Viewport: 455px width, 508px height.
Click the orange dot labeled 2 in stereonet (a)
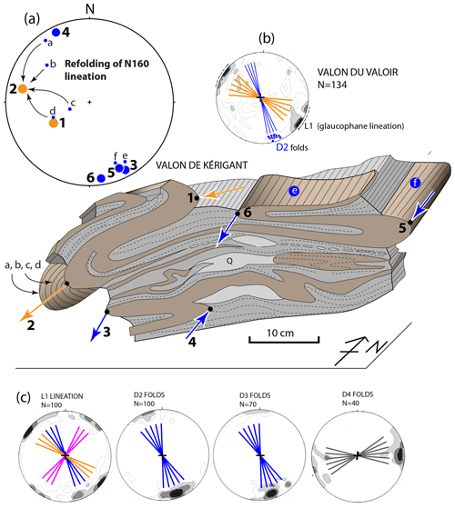click(x=23, y=89)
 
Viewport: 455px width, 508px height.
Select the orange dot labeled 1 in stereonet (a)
click(x=54, y=123)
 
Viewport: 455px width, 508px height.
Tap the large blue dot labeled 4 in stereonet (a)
click(x=56, y=33)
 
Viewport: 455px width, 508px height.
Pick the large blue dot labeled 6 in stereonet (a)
click(x=101, y=178)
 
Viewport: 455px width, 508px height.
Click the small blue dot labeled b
click(x=46, y=65)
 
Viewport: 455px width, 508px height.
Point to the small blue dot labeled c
click(x=70, y=109)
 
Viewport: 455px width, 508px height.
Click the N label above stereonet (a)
click(x=90, y=9)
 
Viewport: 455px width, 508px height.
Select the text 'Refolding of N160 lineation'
click(x=106, y=70)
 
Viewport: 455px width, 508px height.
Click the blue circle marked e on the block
click(x=294, y=191)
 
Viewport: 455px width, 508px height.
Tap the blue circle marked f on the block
click(x=415, y=183)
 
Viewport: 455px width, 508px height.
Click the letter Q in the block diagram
click(x=229, y=261)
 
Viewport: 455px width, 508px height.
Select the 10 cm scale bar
click(x=284, y=340)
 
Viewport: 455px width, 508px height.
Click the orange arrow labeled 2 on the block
click(x=44, y=303)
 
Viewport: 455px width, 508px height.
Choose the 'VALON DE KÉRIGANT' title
click(x=201, y=165)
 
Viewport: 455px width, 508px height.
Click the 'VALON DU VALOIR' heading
click(x=358, y=72)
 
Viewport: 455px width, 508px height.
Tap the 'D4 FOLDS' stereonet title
click(x=358, y=394)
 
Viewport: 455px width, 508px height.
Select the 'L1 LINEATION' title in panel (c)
click(x=62, y=396)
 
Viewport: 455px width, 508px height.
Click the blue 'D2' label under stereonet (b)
click(x=282, y=147)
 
